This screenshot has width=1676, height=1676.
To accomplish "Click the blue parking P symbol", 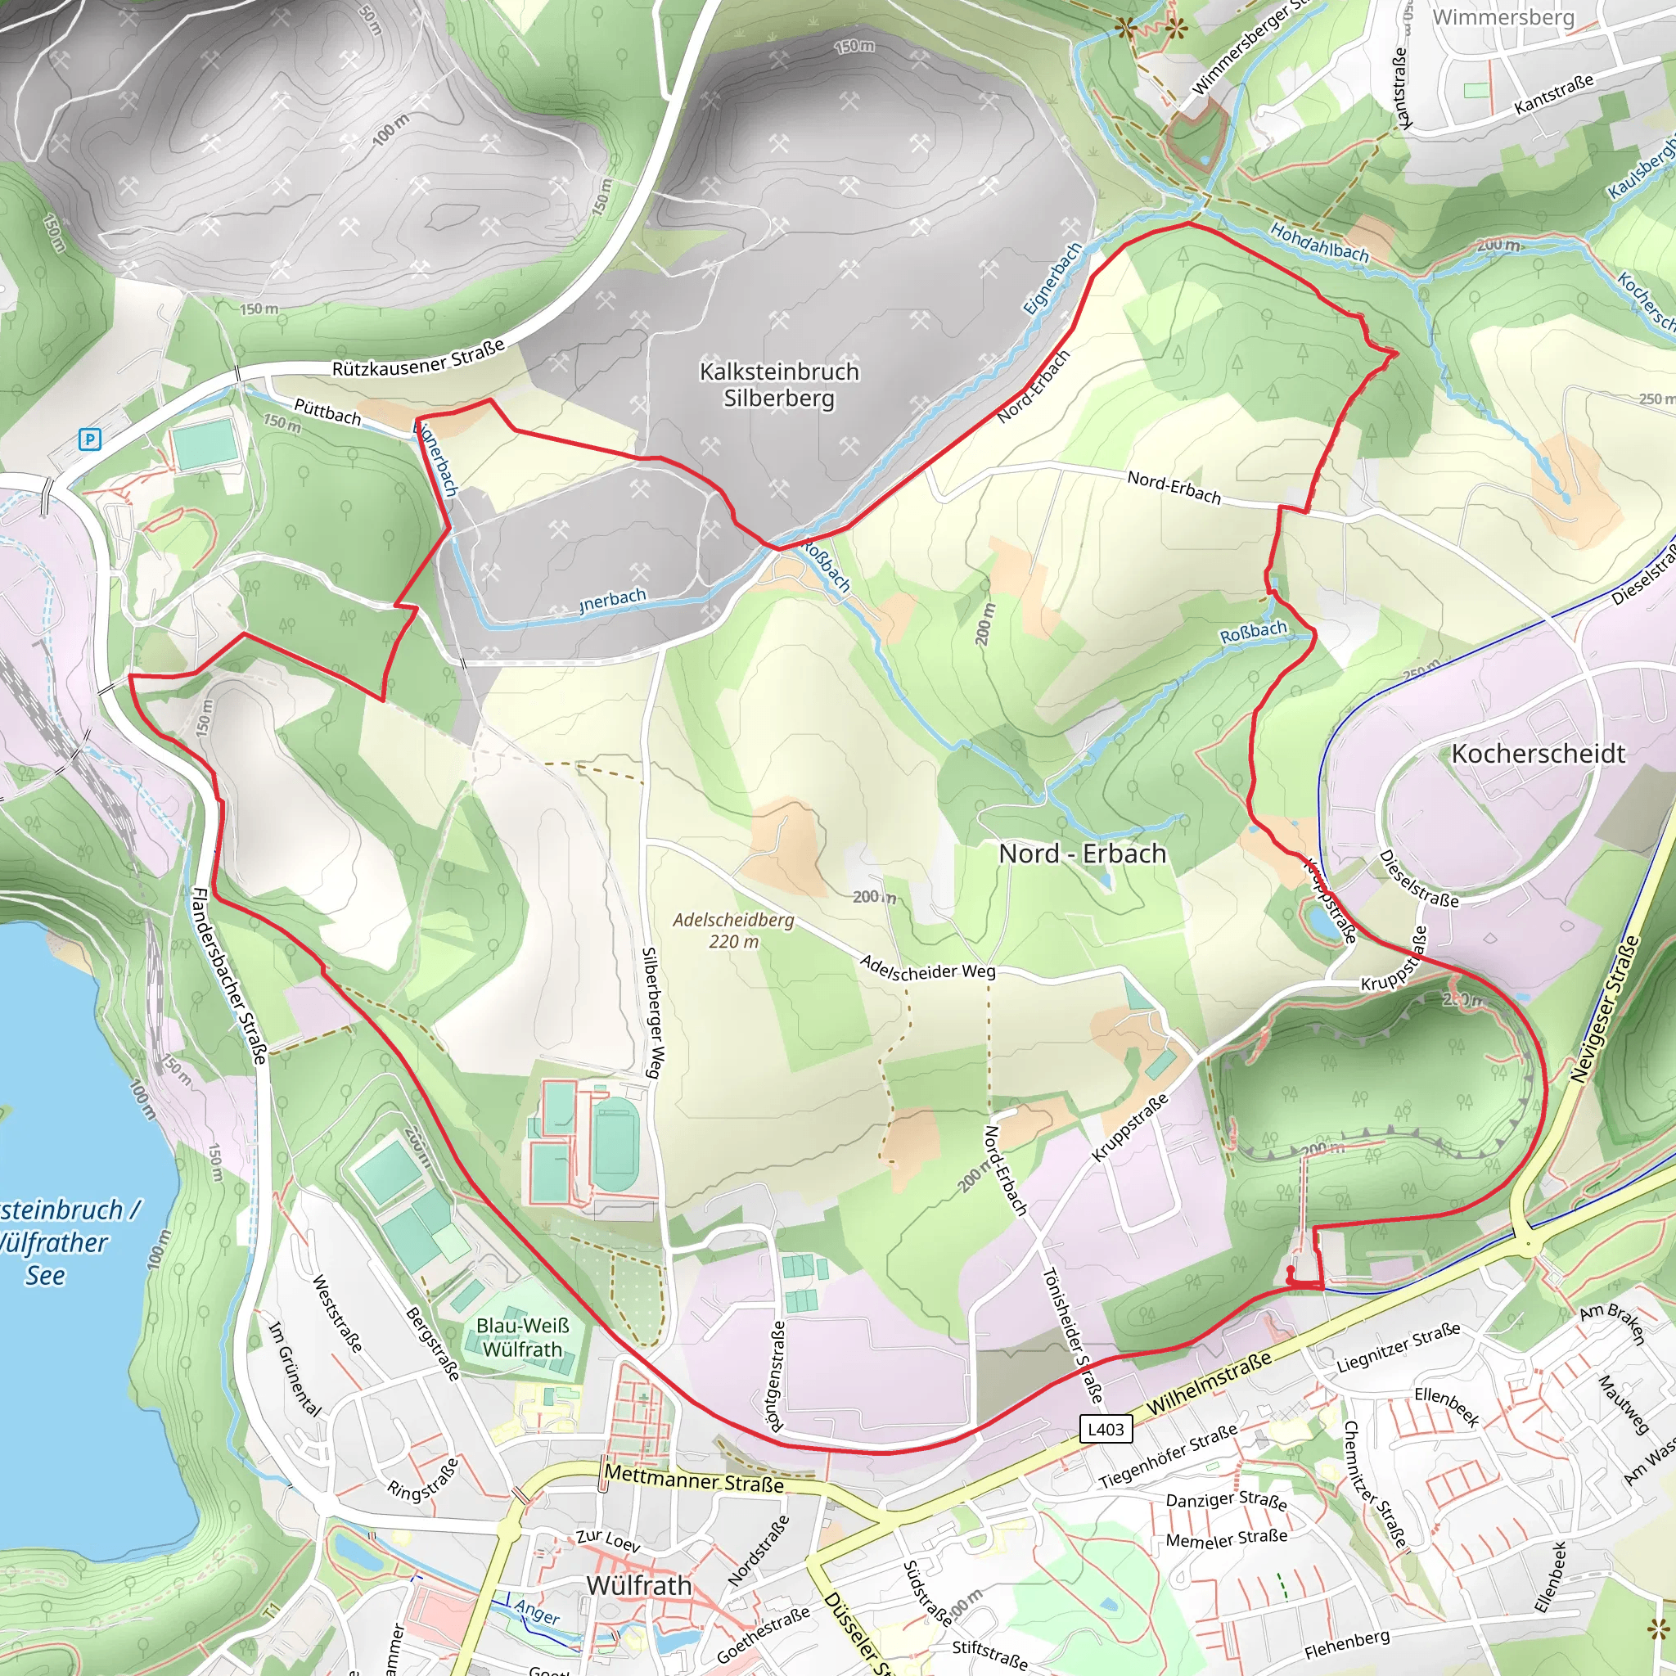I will click(x=89, y=439).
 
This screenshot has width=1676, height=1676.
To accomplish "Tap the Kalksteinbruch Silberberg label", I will click(x=779, y=385).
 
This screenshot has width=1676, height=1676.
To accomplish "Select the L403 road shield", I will click(x=1106, y=1429).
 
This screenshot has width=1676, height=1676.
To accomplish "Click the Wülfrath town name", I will click(x=638, y=1585).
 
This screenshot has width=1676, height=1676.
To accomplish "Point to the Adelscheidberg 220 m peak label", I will click(x=733, y=930).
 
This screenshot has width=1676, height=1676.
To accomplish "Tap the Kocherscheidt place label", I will click(x=1538, y=753).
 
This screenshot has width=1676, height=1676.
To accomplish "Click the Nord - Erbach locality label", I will click(x=1082, y=854).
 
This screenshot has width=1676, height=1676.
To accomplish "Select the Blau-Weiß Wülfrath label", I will click(x=522, y=1338).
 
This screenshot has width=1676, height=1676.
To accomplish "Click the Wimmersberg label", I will click(x=1503, y=16).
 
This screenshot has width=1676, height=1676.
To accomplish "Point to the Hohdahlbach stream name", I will click(x=1318, y=243).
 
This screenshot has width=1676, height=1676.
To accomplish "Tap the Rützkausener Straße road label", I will click(x=418, y=358).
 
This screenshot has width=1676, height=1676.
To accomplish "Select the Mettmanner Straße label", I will click(x=693, y=1478).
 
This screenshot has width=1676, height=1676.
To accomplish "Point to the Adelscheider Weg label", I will click(x=927, y=967).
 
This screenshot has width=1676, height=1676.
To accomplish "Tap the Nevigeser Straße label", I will click(x=1606, y=1008).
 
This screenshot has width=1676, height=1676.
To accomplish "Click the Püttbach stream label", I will click(x=327, y=411).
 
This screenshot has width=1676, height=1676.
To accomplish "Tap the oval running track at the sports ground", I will click(x=617, y=1142).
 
